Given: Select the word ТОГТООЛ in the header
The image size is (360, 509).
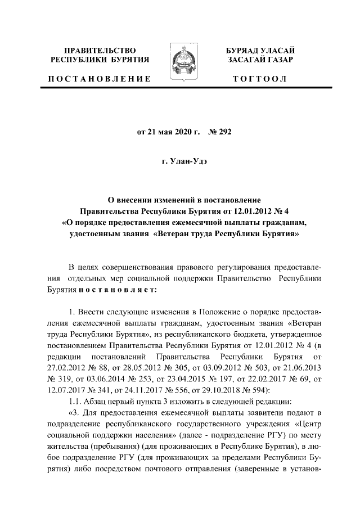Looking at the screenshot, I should (260, 79).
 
